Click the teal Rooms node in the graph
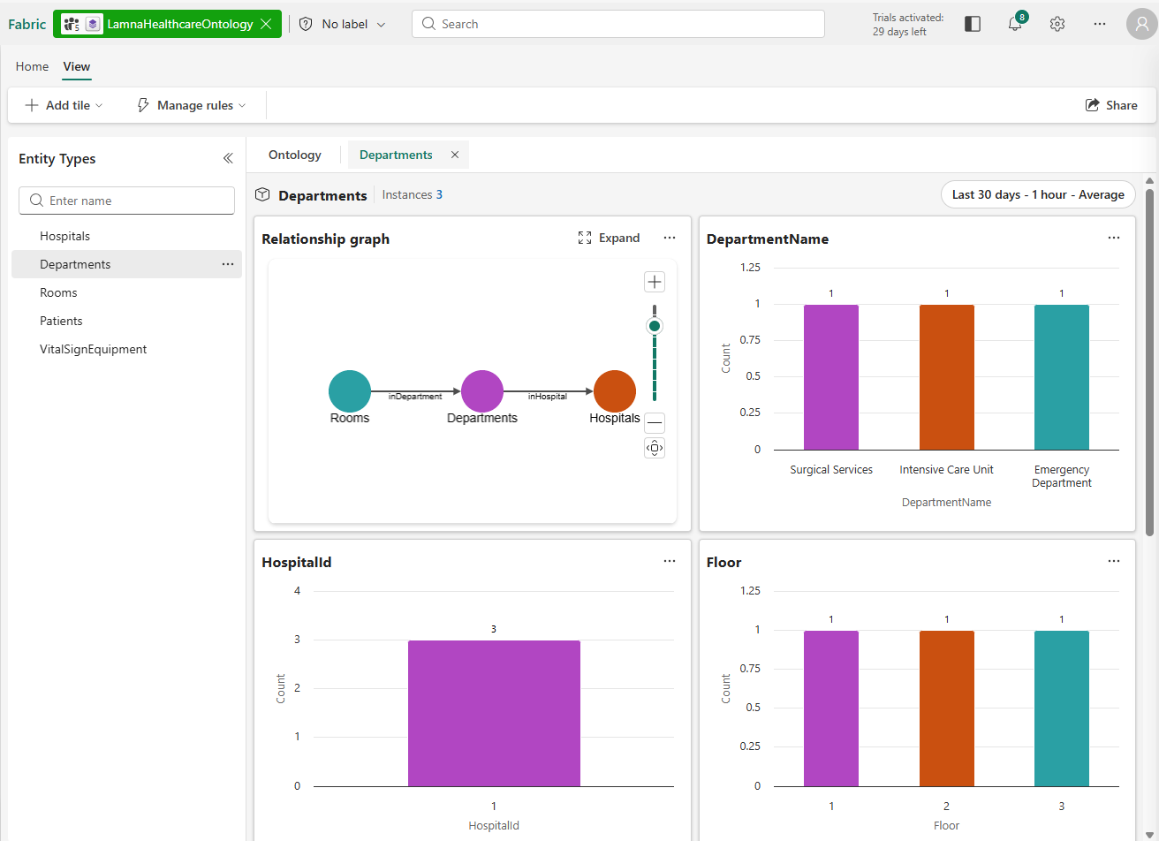[350, 391]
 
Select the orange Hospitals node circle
[615, 391]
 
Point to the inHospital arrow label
[548, 397]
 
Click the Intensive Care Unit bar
[946, 377]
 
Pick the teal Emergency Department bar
[1061, 377]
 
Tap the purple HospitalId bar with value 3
[494, 713]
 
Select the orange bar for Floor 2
[946, 708]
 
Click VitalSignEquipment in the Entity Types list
[93, 349]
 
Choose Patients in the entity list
[61, 321]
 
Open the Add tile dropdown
[64, 105]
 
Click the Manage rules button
[191, 105]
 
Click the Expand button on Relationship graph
[609, 238]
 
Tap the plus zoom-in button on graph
[654, 282]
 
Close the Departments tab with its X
[455, 155]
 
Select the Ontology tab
[295, 155]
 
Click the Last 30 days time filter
[1038, 194]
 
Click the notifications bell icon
[1015, 24]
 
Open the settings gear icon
[1057, 24]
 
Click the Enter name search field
[127, 201]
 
